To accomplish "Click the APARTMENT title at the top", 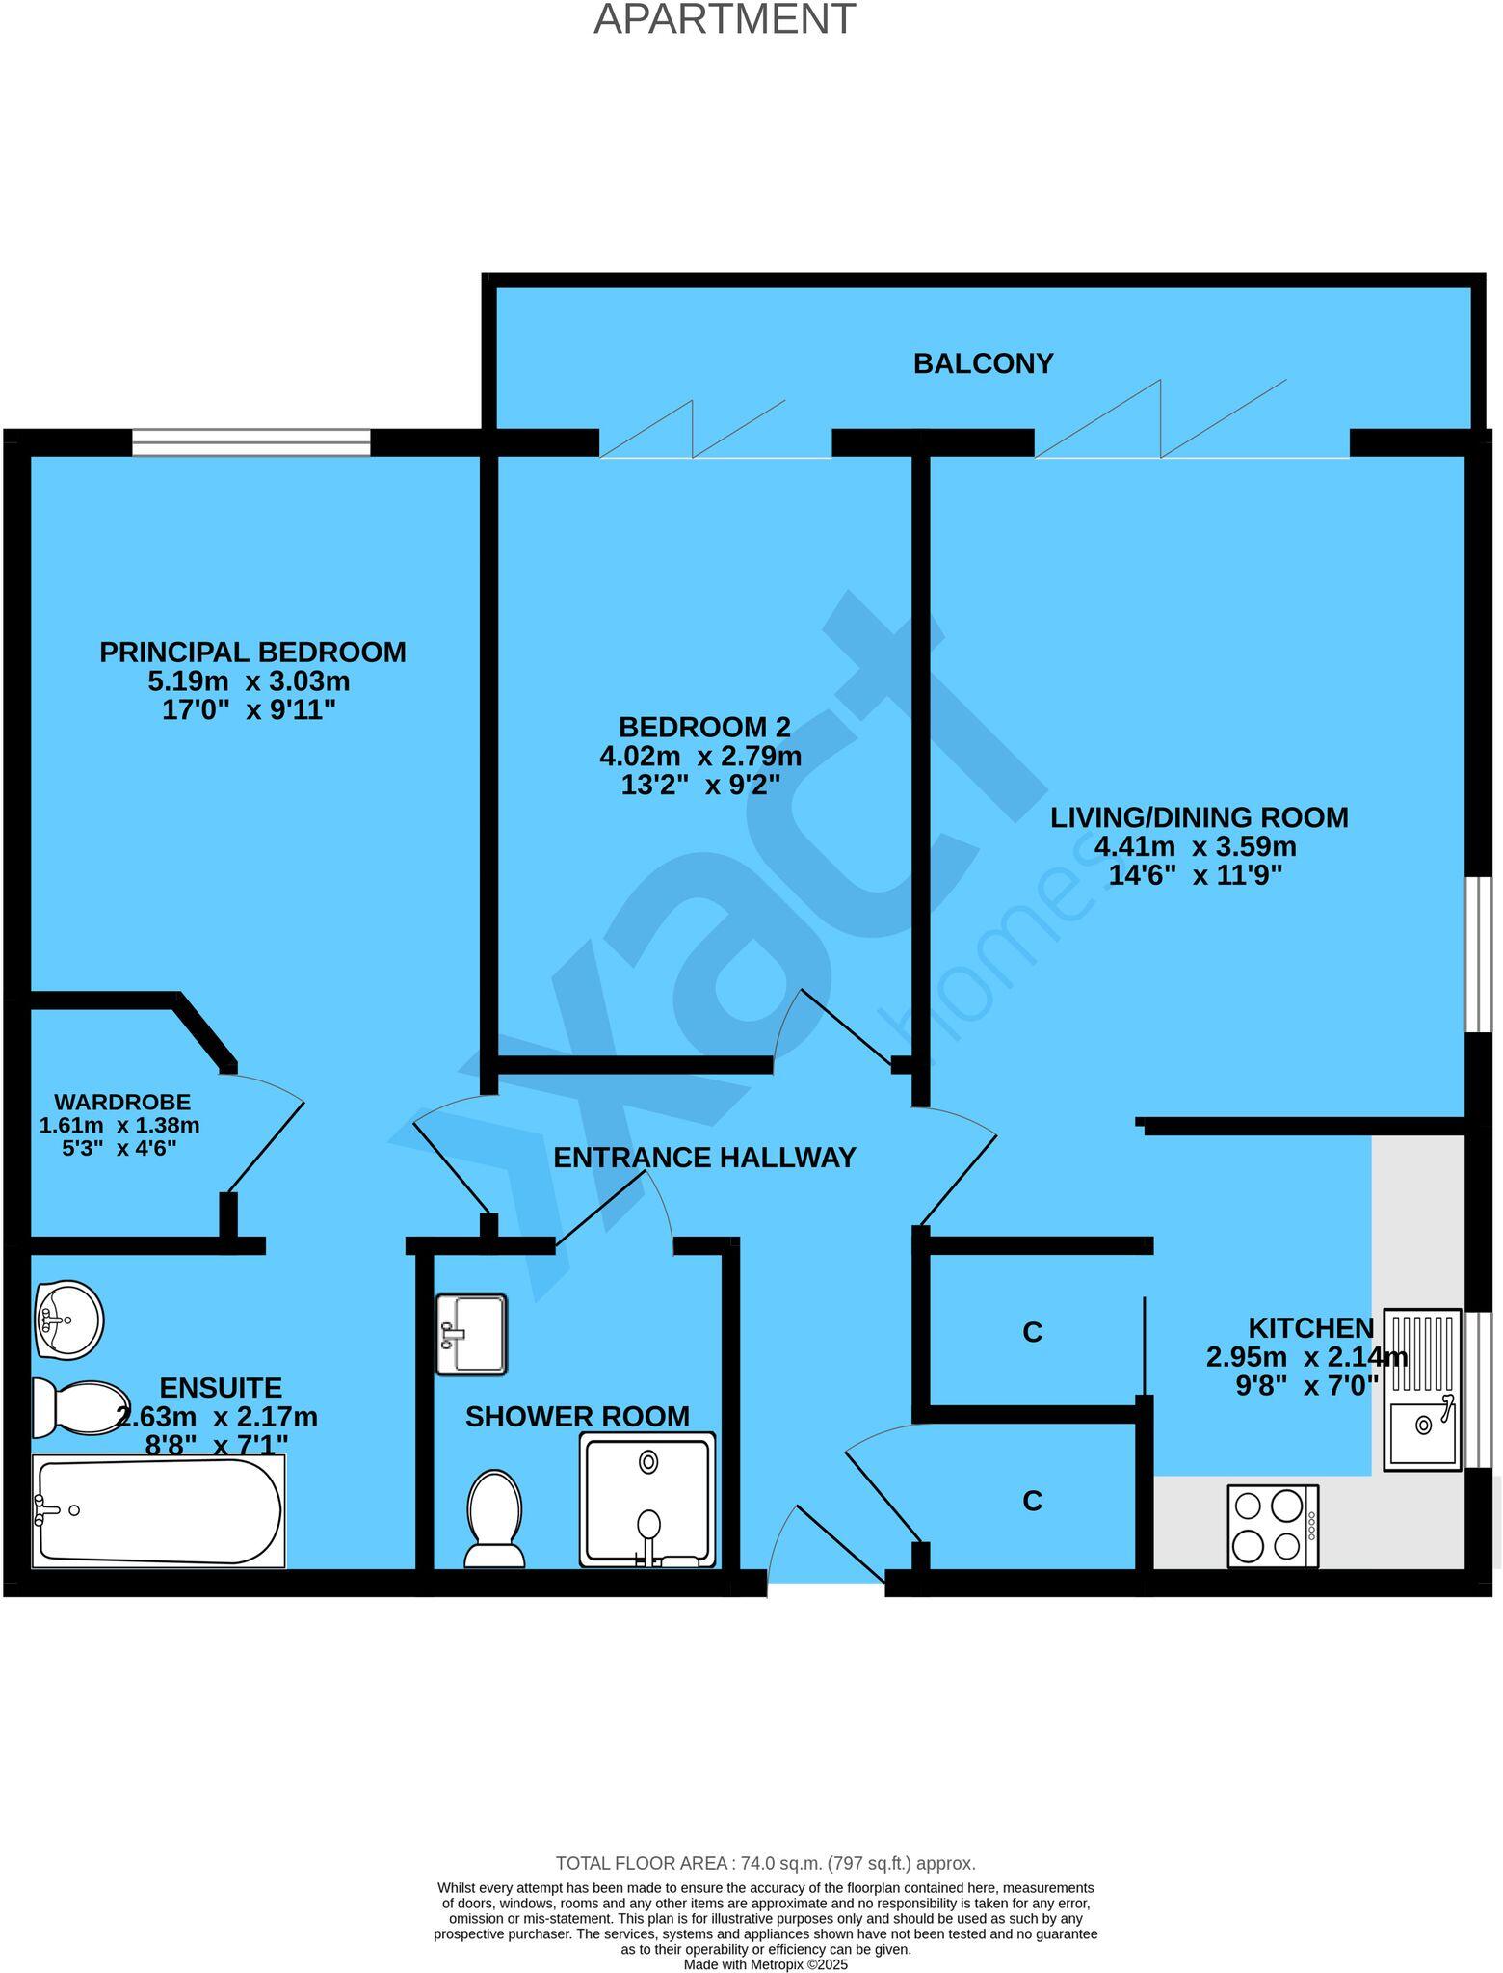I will (724, 19).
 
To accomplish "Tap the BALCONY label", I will (983, 363).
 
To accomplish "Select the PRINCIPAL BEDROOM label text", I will (252, 653).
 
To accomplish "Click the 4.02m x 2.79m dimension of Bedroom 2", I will (700, 756).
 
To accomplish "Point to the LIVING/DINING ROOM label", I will (1199, 817).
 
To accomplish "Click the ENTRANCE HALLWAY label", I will (704, 1158).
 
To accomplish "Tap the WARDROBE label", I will (121, 1102).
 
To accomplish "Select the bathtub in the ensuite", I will (159, 1510).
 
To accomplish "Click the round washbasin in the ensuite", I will (67, 1319).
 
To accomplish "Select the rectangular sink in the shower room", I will (470, 1334).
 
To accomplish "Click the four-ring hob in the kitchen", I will (1272, 1526).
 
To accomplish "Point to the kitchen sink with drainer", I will (1422, 1389).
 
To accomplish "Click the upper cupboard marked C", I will (1032, 1332).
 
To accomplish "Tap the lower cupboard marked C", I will (1032, 1501).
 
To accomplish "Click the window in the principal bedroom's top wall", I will (250, 442).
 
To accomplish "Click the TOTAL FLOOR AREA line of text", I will (765, 1863).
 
